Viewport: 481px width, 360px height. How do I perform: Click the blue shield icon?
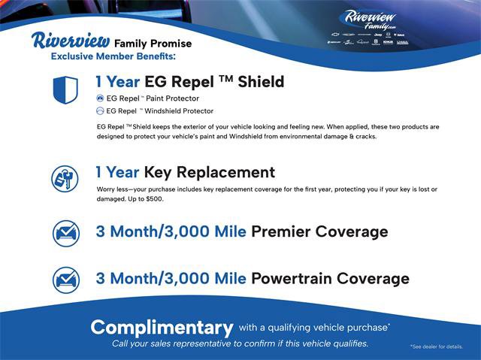[65, 89]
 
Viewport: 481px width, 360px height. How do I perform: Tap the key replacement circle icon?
[65, 178]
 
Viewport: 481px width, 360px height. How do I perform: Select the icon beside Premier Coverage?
[65, 232]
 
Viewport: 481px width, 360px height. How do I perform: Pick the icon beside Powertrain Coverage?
[65, 280]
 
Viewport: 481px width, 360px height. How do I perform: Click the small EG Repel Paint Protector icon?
[100, 98]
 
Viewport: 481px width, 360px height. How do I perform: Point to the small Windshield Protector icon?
[100, 110]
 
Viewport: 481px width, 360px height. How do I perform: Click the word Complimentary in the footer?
[161, 328]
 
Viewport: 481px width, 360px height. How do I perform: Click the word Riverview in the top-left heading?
[71, 41]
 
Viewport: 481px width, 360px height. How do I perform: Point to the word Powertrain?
[296, 279]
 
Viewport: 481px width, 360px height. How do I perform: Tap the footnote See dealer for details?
[440, 346]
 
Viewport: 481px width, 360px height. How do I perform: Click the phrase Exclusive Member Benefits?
[113, 56]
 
